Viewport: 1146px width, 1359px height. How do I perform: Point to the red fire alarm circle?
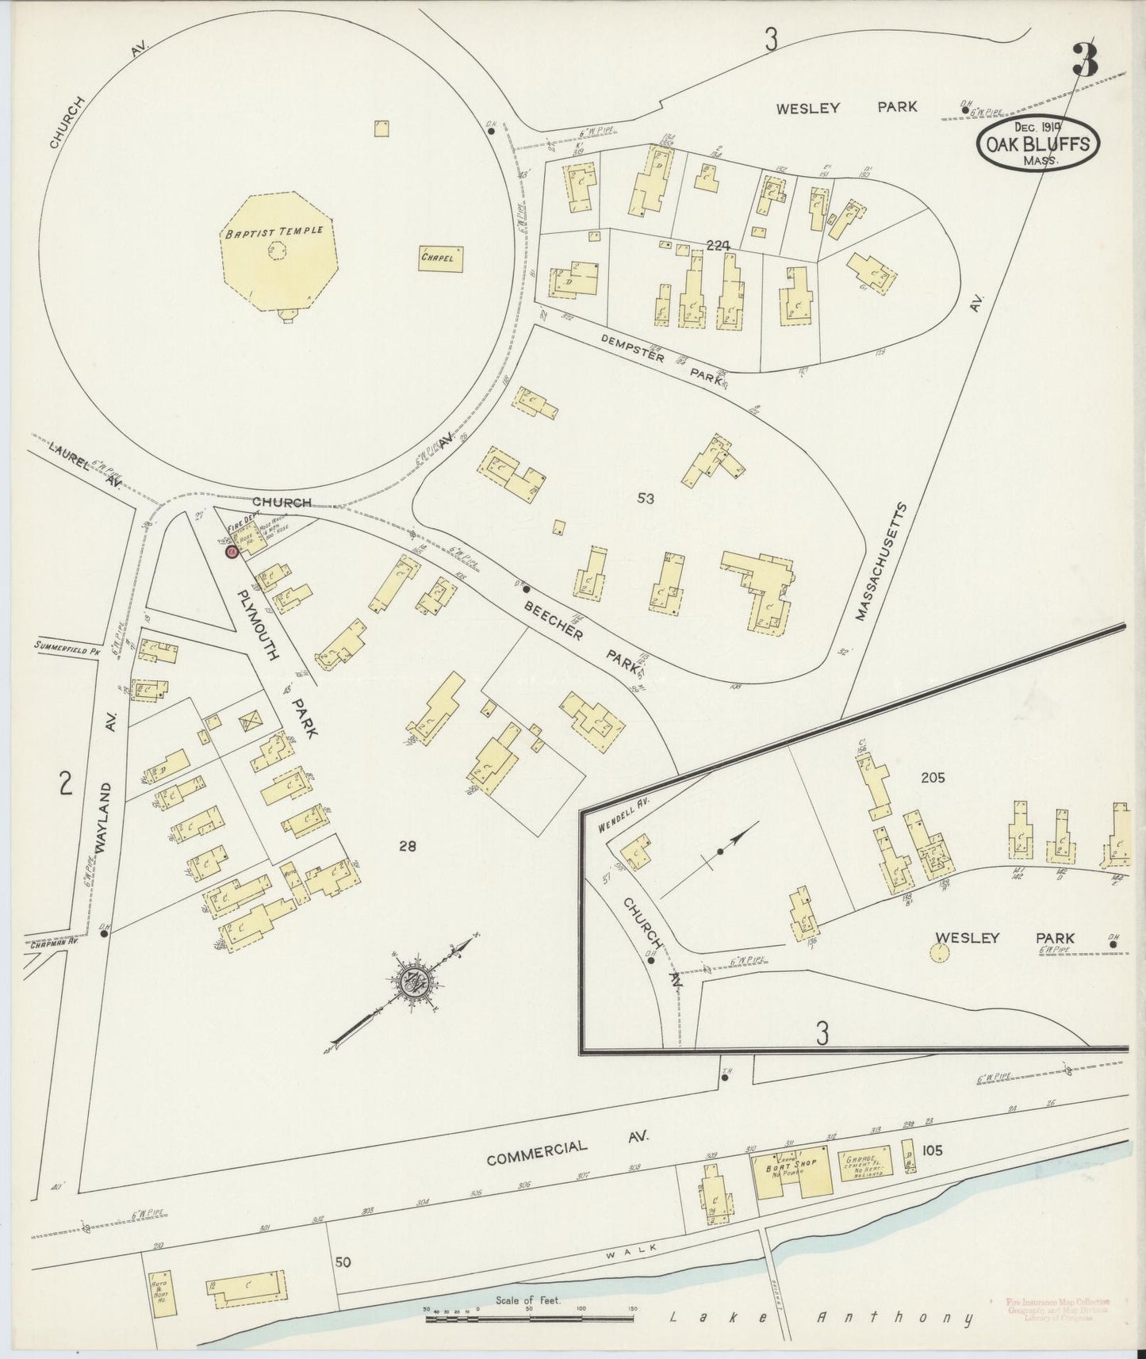pos(231,552)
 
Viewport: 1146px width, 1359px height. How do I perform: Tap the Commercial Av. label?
pos(567,1150)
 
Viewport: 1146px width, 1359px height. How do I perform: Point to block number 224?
pos(718,247)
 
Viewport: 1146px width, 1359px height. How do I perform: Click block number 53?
pos(646,498)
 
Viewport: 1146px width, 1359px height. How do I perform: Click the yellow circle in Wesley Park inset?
pos(941,952)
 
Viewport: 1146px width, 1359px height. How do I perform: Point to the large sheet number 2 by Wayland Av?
pos(66,784)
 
